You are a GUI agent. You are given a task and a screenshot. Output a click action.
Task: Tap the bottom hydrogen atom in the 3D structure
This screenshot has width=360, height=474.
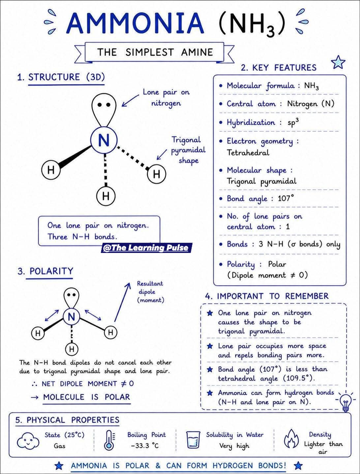click(x=106, y=196)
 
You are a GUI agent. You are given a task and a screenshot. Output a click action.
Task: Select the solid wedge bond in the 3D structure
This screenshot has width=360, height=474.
click(x=75, y=157)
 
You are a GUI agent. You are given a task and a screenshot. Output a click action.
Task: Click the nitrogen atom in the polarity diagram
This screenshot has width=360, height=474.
click(x=72, y=317)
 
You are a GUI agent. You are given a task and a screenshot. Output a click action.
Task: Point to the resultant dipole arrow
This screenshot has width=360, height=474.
click(x=122, y=302)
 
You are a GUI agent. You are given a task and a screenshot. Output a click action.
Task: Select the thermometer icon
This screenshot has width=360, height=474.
click(x=109, y=440)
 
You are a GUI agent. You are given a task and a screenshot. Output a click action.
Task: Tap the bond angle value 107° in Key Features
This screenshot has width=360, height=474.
click(x=286, y=198)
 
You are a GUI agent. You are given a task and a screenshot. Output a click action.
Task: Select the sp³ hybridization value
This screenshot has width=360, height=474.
click(x=293, y=122)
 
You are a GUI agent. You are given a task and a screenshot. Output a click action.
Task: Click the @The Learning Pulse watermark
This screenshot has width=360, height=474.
click(x=146, y=248)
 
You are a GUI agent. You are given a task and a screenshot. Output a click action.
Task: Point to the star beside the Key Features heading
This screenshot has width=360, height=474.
click(x=338, y=62)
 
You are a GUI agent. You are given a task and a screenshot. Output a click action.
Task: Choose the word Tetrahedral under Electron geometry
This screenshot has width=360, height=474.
click(x=248, y=153)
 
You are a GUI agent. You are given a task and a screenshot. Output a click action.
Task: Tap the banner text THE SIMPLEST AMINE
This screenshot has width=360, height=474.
click(x=155, y=52)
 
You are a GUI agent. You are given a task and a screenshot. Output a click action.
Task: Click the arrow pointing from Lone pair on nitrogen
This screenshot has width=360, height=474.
click(x=130, y=100)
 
